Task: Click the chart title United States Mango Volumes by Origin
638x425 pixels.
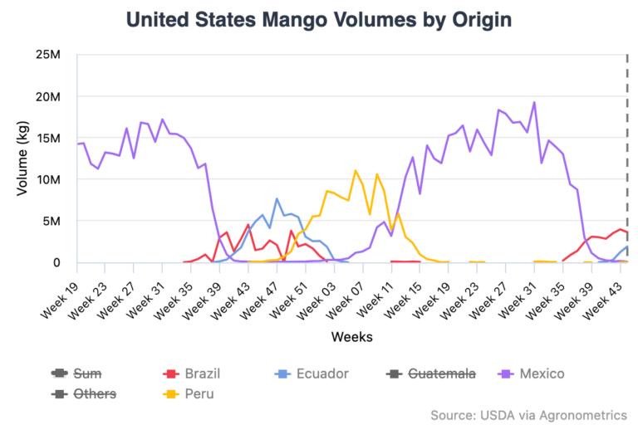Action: point(319,19)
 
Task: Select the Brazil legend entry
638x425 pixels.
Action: point(193,374)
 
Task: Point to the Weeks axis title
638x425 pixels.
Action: point(351,337)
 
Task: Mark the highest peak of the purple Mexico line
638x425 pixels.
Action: point(533,102)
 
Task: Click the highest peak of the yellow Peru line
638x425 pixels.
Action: point(356,170)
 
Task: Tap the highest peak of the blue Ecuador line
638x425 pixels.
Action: point(277,198)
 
